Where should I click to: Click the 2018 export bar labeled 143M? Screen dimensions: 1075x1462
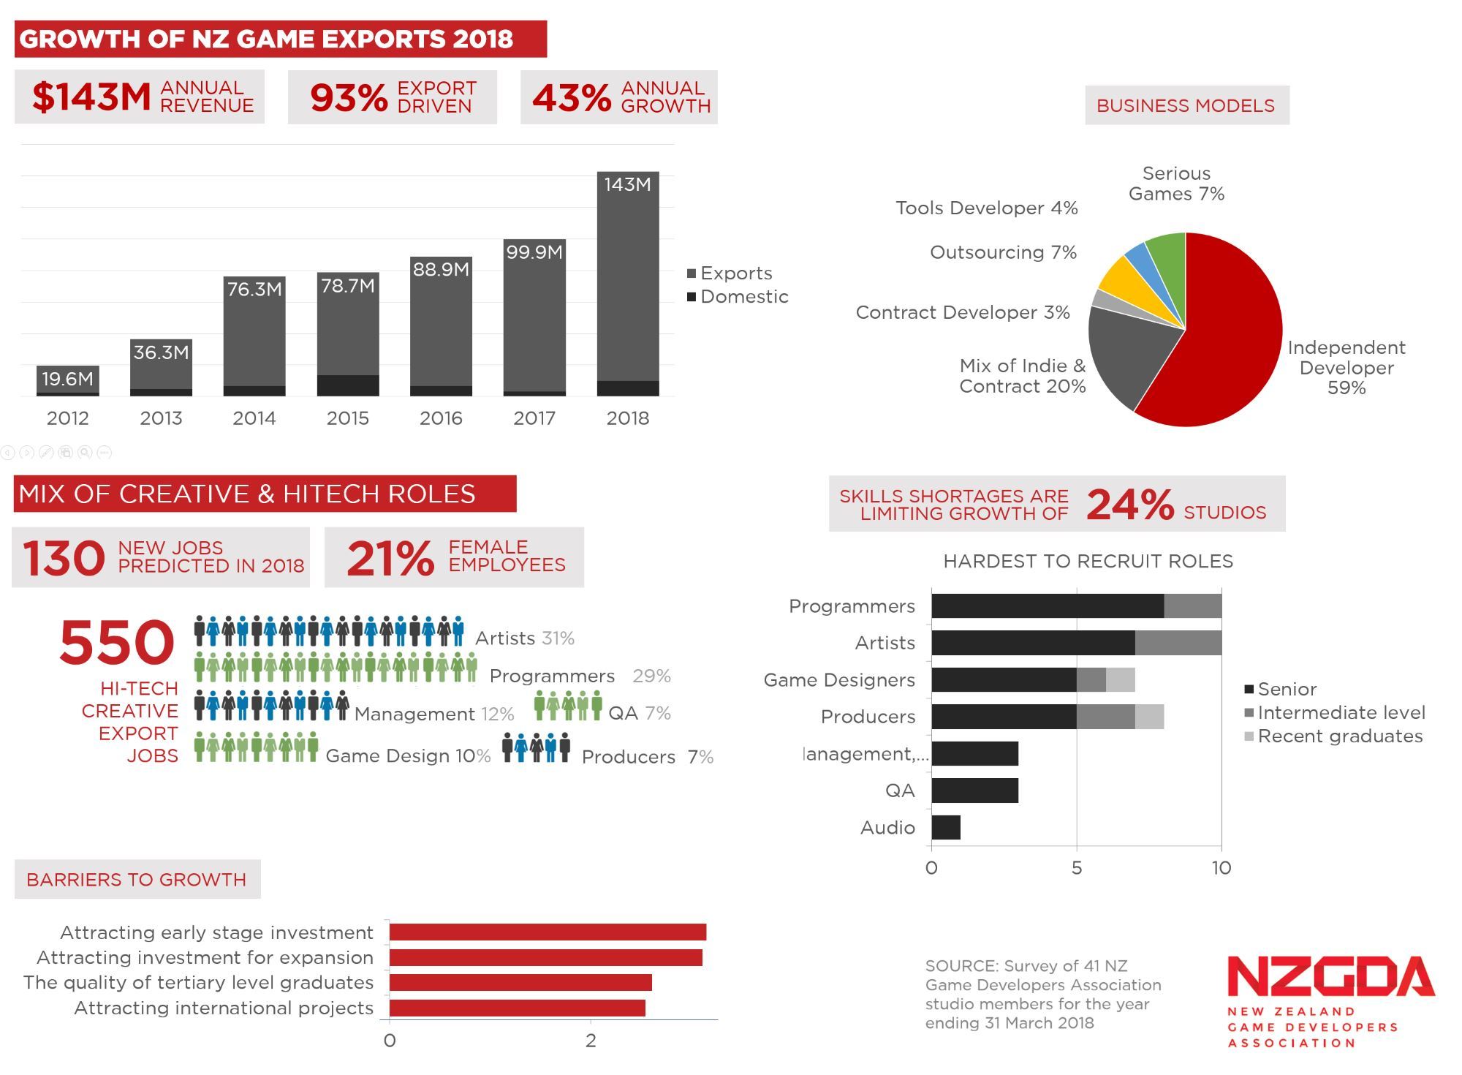(627, 285)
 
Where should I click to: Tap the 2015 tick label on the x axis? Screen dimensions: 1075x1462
(347, 418)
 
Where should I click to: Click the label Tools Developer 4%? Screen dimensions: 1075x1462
(987, 208)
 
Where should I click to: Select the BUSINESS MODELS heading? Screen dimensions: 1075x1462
(1186, 106)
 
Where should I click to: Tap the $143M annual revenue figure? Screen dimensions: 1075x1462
(91, 97)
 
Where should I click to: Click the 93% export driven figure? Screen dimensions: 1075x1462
(349, 98)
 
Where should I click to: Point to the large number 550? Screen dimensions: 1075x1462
(117, 642)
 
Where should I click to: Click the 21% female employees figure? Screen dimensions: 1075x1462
(390, 559)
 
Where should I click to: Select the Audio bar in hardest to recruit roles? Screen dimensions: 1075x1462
(945, 828)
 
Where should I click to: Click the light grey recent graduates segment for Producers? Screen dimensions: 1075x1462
(1149, 717)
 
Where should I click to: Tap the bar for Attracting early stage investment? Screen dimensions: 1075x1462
(547, 932)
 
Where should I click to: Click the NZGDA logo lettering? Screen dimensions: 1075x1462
(1330, 977)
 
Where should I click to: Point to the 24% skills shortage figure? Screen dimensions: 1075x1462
(1129, 505)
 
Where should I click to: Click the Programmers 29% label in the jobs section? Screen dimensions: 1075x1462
(580, 676)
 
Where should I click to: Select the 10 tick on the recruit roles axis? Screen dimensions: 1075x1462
(1221, 868)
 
